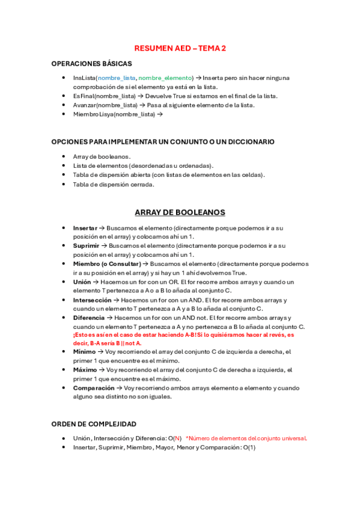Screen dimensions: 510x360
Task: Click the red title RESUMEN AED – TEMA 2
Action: [180, 48]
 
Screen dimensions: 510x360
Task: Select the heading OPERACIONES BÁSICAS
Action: [91, 64]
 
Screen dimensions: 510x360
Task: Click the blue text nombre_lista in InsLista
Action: [117, 78]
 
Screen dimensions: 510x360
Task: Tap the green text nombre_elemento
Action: [165, 78]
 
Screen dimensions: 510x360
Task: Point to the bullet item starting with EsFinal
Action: [174, 96]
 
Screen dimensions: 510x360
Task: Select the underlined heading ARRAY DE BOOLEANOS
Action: [180, 213]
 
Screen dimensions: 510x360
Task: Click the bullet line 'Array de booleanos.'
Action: [102, 157]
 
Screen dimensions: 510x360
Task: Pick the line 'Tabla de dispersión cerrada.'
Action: [114, 185]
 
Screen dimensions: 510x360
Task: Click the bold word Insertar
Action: [85, 229]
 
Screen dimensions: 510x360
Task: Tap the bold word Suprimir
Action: [86, 246]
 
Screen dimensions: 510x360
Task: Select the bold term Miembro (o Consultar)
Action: [107, 264]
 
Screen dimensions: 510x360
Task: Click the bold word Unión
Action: [82, 282]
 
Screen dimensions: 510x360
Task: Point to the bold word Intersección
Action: [92, 300]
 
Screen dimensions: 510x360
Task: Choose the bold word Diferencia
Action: [89, 318]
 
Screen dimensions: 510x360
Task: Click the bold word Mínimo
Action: [84, 352]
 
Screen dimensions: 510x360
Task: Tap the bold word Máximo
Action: [85, 370]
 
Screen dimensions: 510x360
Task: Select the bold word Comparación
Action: [94, 388]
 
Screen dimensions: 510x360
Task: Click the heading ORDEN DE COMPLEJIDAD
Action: [94, 424]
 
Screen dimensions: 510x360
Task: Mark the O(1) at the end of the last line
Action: [249, 447]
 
